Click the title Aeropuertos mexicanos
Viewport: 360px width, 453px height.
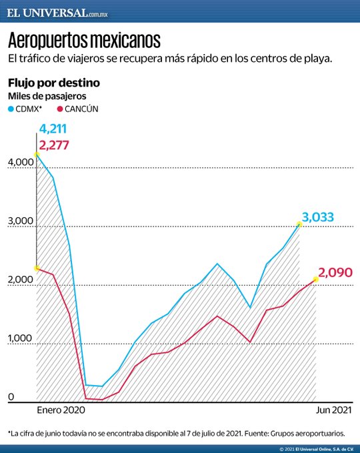coord(84,41)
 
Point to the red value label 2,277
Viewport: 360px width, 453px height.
coord(55,145)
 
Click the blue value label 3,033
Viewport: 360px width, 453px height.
coord(317,217)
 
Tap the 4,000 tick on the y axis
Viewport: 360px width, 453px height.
coord(21,162)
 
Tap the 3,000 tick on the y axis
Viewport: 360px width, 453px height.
coord(21,221)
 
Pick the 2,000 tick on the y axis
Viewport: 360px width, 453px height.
coord(21,280)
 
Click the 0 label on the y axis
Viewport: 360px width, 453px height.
coord(11,398)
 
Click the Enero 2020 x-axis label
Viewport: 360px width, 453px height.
coord(61,410)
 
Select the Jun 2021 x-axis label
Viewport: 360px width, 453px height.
coord(332,410)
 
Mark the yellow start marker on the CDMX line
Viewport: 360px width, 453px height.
coord(36,154)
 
